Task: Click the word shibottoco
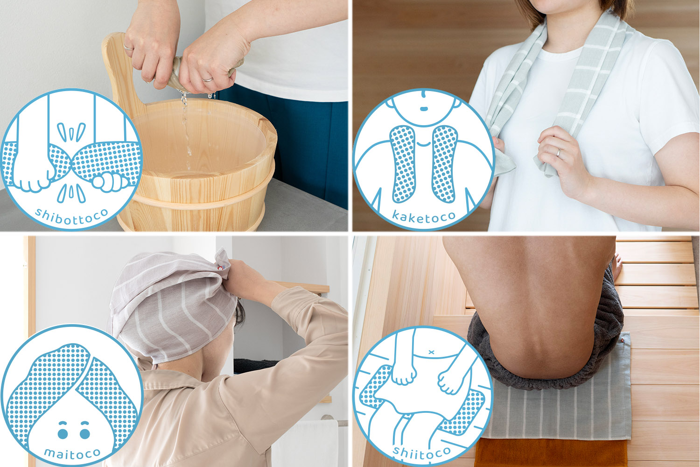71,216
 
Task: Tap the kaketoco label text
424,216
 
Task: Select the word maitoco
72,453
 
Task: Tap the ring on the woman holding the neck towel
559,153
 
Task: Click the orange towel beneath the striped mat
551,453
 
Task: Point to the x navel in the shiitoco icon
431,352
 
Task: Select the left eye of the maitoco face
63,433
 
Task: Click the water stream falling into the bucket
186,125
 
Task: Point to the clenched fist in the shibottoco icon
109,182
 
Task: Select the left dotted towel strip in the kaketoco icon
402,164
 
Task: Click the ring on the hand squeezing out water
208,79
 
